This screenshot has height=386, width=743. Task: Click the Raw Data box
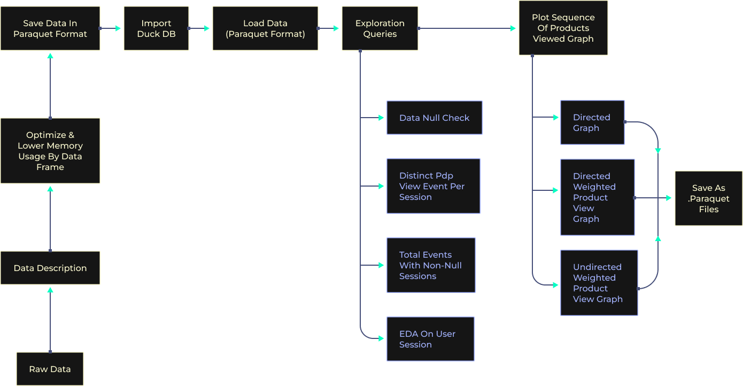(x=50, y=369)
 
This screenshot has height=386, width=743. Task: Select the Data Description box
(x=50, y=268)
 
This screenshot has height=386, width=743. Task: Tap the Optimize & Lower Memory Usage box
(x=50, y=151)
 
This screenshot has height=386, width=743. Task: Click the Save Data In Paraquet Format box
(x=50, y=28)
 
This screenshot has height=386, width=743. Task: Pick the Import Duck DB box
(x=156, y=28)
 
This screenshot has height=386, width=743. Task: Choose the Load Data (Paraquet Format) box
(x=265, y=28)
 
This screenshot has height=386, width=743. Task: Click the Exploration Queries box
(x=380, y=28)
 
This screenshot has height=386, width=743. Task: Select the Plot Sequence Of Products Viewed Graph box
(x=563, y=28)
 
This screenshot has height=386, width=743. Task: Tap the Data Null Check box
(x=434, y=118)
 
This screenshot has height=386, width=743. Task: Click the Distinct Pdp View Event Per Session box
(x=433, y=186)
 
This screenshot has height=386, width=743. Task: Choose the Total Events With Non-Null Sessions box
(x=431, y=265)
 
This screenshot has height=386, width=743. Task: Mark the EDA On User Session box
(x=430, y=339)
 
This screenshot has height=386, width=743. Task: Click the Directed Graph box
(x=592, y=122)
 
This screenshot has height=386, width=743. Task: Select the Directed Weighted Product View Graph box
(x=597, y=197)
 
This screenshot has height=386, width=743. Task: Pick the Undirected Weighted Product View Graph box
(x=599, y=283)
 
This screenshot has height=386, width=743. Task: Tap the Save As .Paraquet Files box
(x=708, y=198)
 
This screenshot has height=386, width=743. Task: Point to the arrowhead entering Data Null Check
(x=382, y=118)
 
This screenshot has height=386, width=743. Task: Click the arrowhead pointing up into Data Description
(x=50, y=290)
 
